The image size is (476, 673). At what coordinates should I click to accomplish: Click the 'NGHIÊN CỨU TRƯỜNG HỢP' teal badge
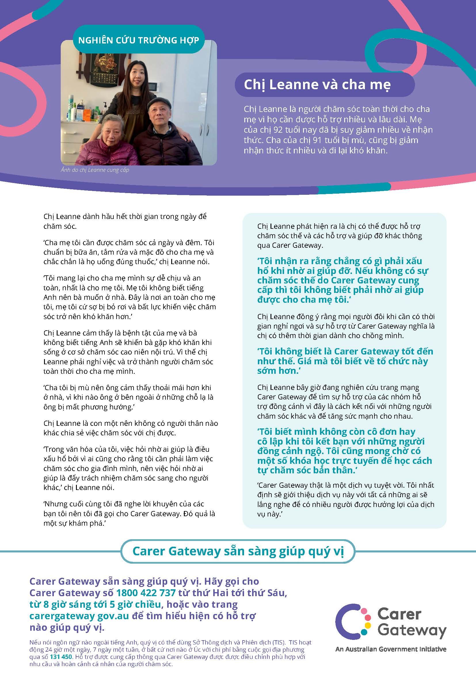139,40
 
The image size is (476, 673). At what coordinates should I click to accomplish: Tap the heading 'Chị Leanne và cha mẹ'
317,85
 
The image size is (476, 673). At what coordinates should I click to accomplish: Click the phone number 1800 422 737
146,593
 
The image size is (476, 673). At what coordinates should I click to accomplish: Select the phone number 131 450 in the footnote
57,657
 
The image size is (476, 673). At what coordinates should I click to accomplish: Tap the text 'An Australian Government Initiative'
391,649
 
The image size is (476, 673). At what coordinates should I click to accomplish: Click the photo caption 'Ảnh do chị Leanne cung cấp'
95,170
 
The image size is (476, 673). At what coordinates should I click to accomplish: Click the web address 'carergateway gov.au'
79,616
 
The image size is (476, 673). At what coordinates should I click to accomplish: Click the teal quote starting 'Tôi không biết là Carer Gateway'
345,361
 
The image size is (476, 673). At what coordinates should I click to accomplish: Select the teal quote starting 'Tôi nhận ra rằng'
343,280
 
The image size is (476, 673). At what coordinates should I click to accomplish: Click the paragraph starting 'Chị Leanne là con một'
130,428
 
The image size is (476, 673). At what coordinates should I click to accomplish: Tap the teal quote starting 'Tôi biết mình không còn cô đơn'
344,451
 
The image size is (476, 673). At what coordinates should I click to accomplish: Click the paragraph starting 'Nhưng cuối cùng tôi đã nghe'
129,514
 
